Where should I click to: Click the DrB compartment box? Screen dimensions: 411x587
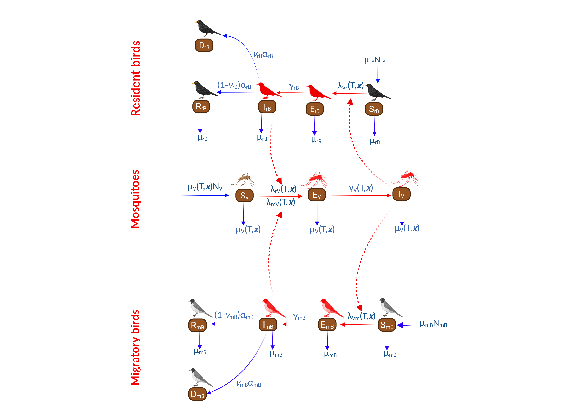(x=204, y=46)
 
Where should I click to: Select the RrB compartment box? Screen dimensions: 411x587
(x=201, y=106)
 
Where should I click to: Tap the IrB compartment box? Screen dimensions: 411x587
(x=267, y=107)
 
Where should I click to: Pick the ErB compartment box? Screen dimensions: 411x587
(x=315, y=109)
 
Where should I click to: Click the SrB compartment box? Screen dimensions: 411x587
(x=374, y=109)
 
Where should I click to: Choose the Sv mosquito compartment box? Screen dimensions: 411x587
(x=244, y=196)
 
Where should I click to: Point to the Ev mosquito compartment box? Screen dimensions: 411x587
(x=317, y=195)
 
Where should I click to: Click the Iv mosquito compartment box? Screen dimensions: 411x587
(x=401, y=194)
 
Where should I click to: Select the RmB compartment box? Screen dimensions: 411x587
(x=197, y=325)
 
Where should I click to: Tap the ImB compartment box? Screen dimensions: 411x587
(x=268, y=325)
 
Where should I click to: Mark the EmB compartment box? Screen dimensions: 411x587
(x=327, y=325)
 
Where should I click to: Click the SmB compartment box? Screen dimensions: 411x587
(x=387, y=325)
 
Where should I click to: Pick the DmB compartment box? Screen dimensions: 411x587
(x=197, y=394)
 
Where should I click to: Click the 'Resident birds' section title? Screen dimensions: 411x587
(x=136, y=78)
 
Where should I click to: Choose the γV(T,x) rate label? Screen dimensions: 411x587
(x=361, y=188)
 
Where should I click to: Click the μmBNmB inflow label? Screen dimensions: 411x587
(x=433, y=324)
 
